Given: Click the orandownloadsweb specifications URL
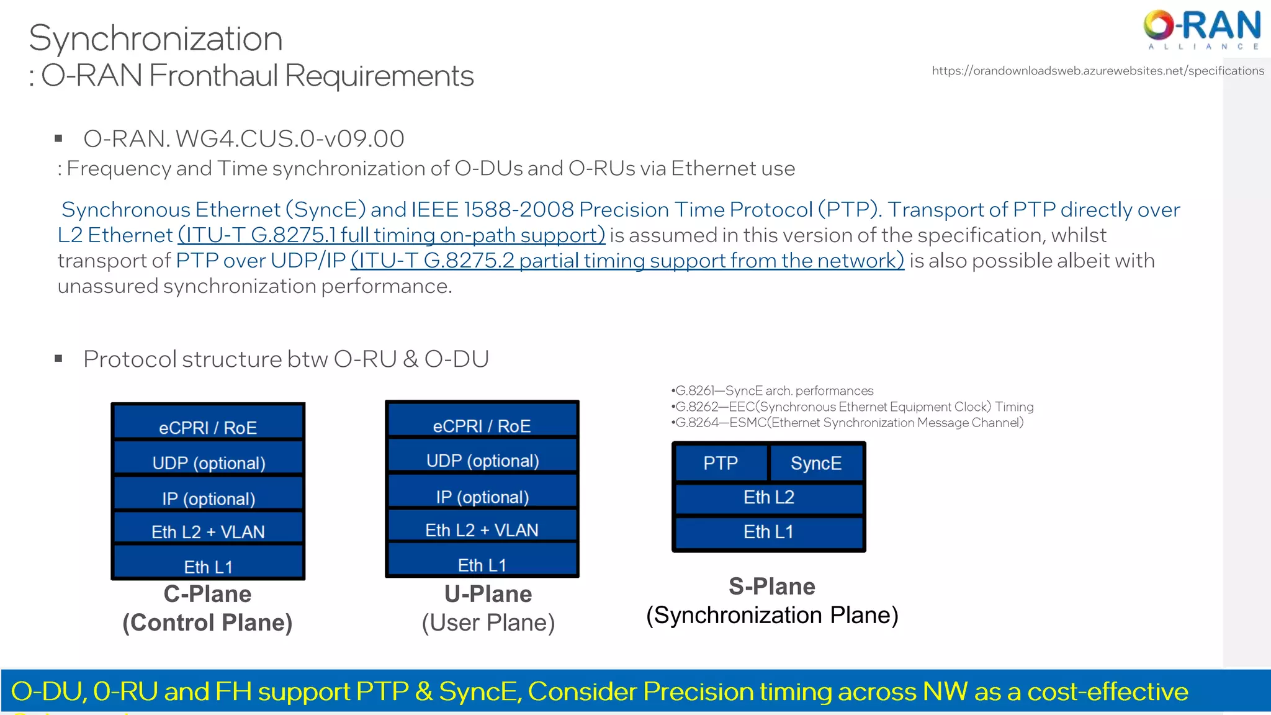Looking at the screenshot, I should pyautogui.click(x=1097, y=71).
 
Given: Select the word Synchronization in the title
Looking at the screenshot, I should pyautogui.click(x=156, y=38).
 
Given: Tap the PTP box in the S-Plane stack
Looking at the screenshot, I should pyautogui.click(x=721, y=463).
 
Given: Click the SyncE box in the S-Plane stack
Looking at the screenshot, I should pyautogui.click(x=816, y=463).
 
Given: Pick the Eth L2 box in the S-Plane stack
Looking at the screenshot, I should pyautogui.click(x=769, y=498).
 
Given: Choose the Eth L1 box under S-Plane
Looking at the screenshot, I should pyautogui.click(x=769, y=532).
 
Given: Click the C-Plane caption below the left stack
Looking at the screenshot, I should pyautogui.click(x=207, y=594).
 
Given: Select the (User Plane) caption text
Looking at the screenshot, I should pyautogui.click(x=488, y=623).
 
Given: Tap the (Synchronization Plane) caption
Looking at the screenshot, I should pyautogui.click(x=772, y=615).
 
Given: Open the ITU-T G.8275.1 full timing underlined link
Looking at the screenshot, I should pyautogui.click(x=392, y=235).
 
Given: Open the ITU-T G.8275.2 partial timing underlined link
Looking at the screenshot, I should pyautogui.click(x=627, y=261).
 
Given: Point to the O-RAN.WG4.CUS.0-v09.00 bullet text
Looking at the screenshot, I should pyautogui.click(x=244, y=138).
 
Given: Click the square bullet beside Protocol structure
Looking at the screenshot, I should pyautogui.click(x=59, y=359).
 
